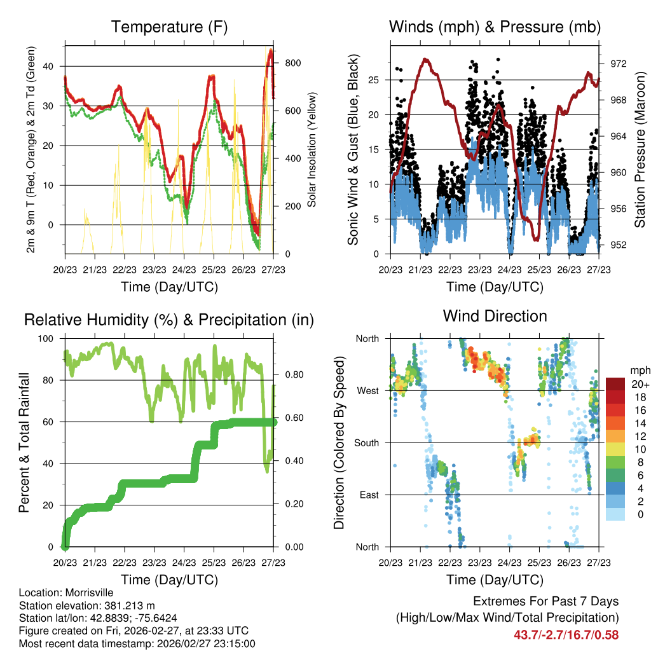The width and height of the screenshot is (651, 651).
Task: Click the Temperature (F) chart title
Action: tap(169, 27)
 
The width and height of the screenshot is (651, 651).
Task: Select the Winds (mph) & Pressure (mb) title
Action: tap(495, 27)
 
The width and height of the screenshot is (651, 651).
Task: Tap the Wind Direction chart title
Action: tap(495, 316)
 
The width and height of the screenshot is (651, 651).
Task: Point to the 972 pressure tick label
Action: tap(619, 64)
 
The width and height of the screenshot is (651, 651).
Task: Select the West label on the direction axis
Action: tap(367, 390)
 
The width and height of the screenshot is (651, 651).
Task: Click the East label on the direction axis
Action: tap(369, 495)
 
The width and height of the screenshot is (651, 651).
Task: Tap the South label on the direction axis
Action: tap(366, 442)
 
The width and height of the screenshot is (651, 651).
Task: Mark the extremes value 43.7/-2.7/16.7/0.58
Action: tap(566, 634)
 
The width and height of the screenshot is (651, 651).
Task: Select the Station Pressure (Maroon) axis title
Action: tap(640, 149)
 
